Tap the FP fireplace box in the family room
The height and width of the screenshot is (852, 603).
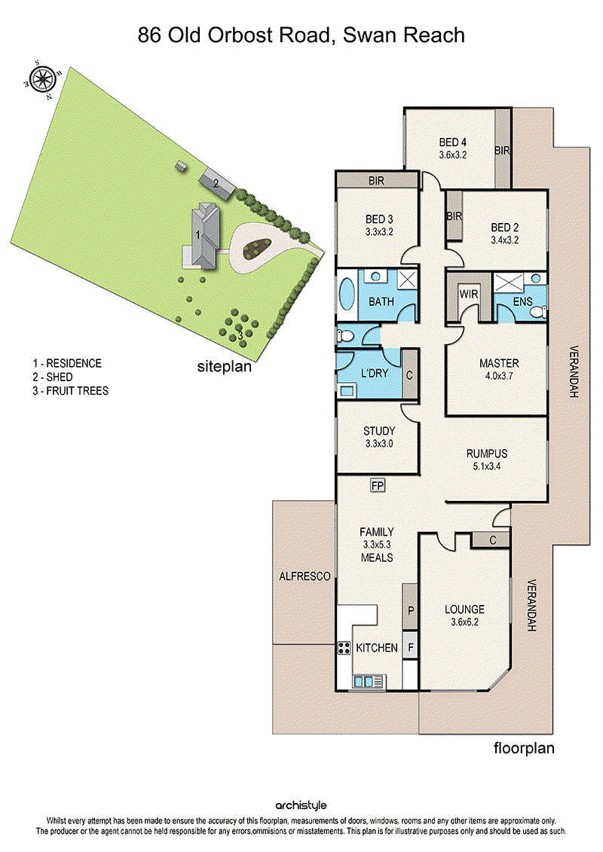coord(378,485)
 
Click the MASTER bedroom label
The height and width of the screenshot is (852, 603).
coord(499,364)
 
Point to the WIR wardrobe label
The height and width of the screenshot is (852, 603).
coord(469,294)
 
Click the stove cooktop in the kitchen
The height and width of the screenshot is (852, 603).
coord(344,648)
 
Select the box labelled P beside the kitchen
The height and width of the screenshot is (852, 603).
coord(411,611)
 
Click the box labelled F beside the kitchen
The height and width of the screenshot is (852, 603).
coord(411,647)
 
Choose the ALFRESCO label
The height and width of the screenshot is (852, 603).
coord(305,576)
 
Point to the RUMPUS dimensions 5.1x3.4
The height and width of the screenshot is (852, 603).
coord(486,466)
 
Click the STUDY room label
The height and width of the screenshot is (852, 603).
coord(378,432)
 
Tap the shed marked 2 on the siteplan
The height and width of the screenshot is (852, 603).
coord(216,183)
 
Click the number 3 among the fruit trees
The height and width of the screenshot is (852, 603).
coord(240,336)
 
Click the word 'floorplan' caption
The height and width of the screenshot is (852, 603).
coord(524,748)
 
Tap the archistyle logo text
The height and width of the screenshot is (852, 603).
coord(301,806)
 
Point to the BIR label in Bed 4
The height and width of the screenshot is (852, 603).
coord(503,151)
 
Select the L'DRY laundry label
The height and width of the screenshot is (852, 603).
coord(373,374)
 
